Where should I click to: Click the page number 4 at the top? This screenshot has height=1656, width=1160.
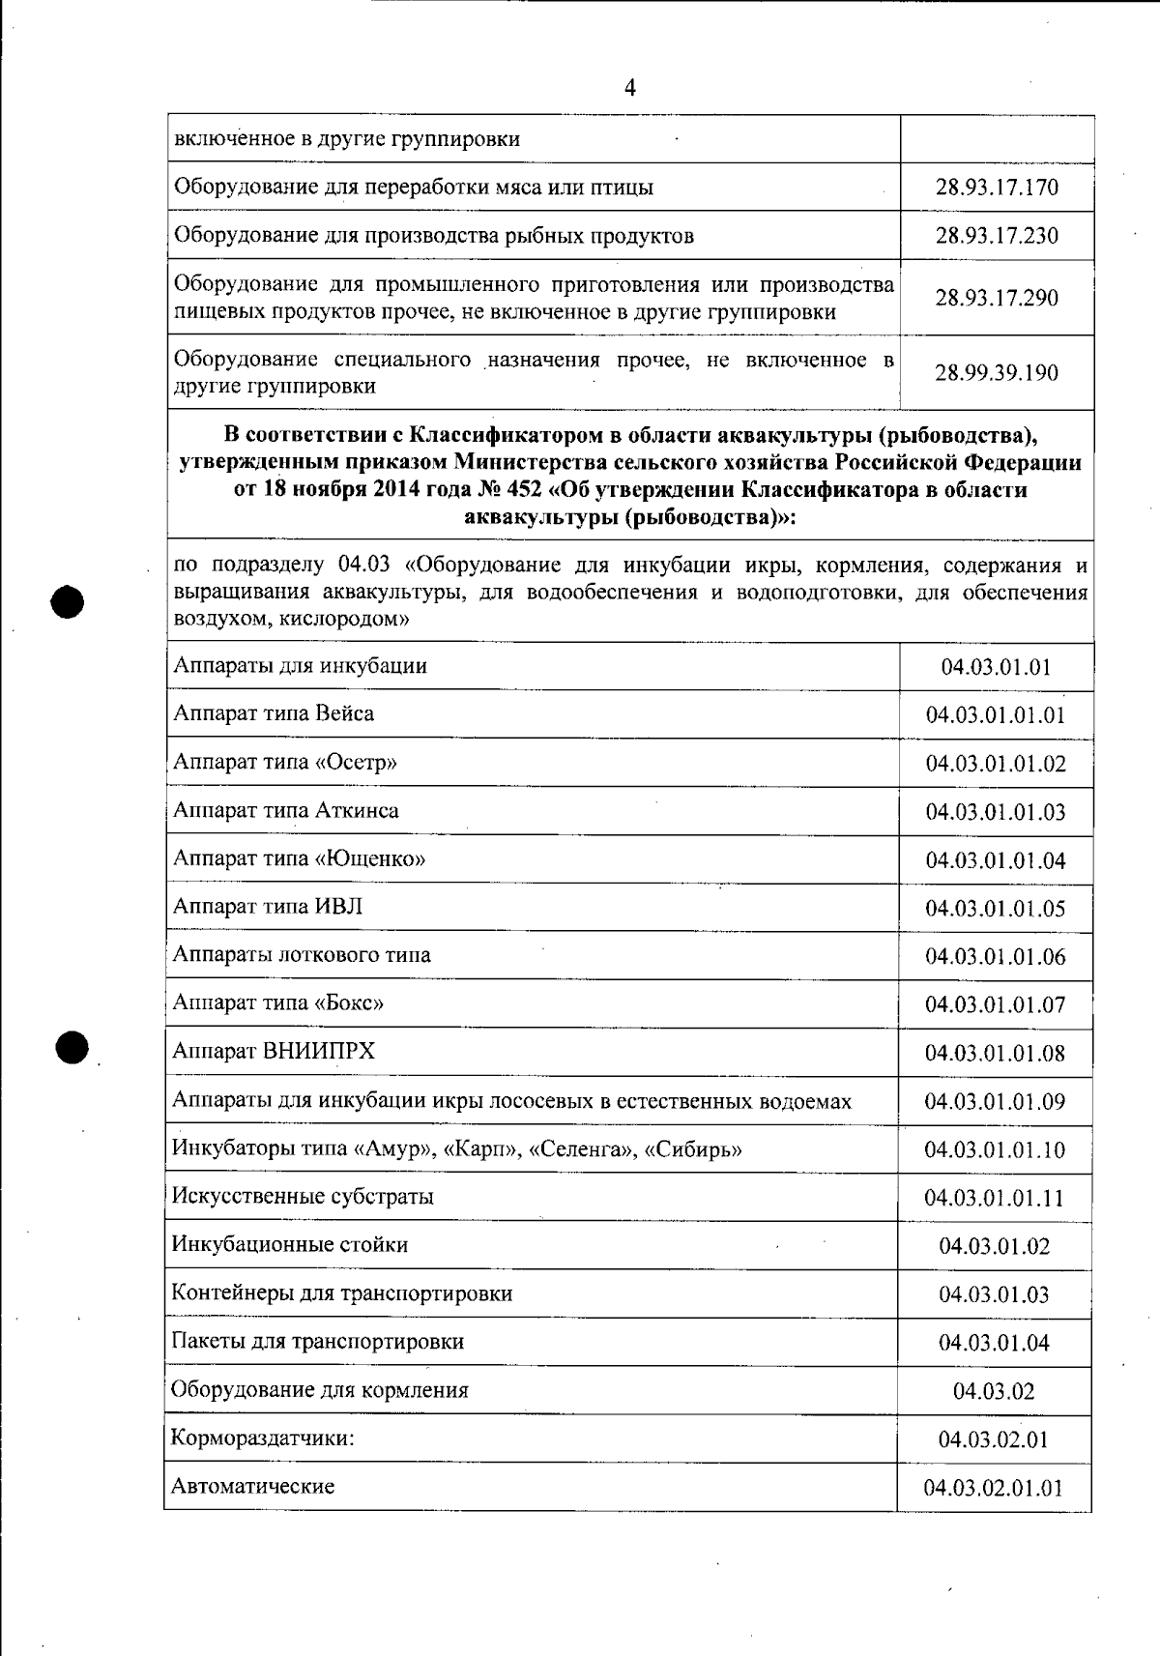pos(630,89)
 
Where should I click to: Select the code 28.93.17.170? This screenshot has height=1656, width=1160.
pos(997,188)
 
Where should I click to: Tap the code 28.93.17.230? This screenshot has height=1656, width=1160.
pos(997,236)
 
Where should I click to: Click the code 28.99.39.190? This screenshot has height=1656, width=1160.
pos(997,373)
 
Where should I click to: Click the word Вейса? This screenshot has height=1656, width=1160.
pos(344,713)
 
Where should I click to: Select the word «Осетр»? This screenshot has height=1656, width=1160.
pos(356,762)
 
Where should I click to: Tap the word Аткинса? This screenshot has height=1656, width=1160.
pos(357,810)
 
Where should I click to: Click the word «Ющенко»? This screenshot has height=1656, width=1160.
pos(370,858)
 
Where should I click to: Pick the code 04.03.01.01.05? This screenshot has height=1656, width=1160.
pos(996,909)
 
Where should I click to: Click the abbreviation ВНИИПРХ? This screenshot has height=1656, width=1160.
pos(319,1051)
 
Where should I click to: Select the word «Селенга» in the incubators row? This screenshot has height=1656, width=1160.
pos(586,1149)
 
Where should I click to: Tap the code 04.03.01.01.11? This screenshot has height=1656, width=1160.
pos(994,1199)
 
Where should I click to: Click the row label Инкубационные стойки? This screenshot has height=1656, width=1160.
pos(290,1245)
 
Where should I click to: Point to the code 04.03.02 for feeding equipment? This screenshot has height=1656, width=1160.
pos(994,1392)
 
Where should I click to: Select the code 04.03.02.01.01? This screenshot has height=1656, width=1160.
pos(994,1489)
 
